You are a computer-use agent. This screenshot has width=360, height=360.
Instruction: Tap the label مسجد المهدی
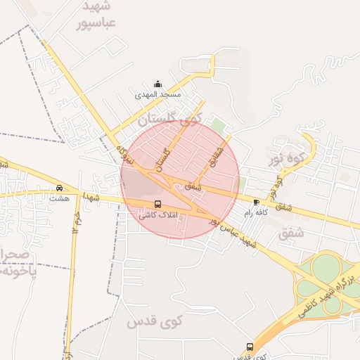pos(160,94)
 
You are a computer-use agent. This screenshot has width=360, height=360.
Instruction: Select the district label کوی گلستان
pos(171,120)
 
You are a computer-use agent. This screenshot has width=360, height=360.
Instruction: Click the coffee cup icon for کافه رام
pos(255,202)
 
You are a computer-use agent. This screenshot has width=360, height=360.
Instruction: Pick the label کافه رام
pos(256,212)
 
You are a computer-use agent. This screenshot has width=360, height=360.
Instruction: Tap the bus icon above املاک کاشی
pos(157,204)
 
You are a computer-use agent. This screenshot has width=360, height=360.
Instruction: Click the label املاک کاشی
pos(158,214)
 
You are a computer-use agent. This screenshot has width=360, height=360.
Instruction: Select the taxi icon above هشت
pos(59,188)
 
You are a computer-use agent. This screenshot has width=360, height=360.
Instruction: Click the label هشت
pos(59,198)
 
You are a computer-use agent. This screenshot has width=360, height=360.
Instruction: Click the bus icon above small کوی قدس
pos(250,347)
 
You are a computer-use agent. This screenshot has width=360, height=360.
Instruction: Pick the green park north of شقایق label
pos(218,126)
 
